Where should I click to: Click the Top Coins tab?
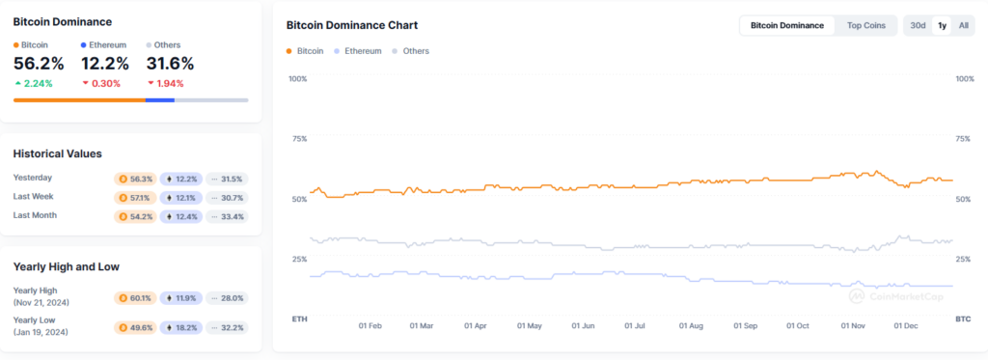865,26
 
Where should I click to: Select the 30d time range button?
918,26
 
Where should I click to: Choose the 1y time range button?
942,26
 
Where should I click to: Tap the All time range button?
963,26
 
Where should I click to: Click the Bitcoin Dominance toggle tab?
787,26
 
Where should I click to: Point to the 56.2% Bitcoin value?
39,64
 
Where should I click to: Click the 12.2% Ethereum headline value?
104,64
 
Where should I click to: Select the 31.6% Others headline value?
170,64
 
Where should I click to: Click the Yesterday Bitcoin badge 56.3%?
134,179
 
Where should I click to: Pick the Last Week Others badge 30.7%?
227,197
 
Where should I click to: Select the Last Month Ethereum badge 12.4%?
180,216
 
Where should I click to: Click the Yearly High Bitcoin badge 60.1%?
134,299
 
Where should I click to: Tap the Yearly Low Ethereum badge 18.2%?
180,327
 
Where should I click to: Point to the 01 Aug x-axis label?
690,326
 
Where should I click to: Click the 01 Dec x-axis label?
906,326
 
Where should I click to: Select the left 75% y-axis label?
299,139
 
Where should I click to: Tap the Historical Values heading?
57,153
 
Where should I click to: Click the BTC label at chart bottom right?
962,318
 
